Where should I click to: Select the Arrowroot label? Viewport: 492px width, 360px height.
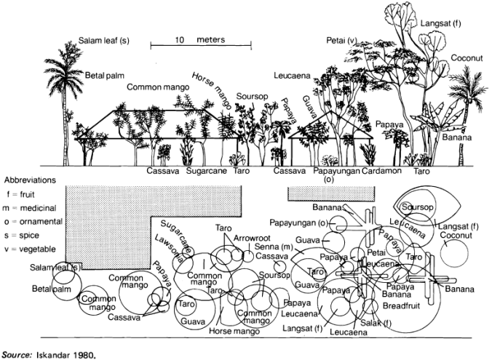253,238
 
